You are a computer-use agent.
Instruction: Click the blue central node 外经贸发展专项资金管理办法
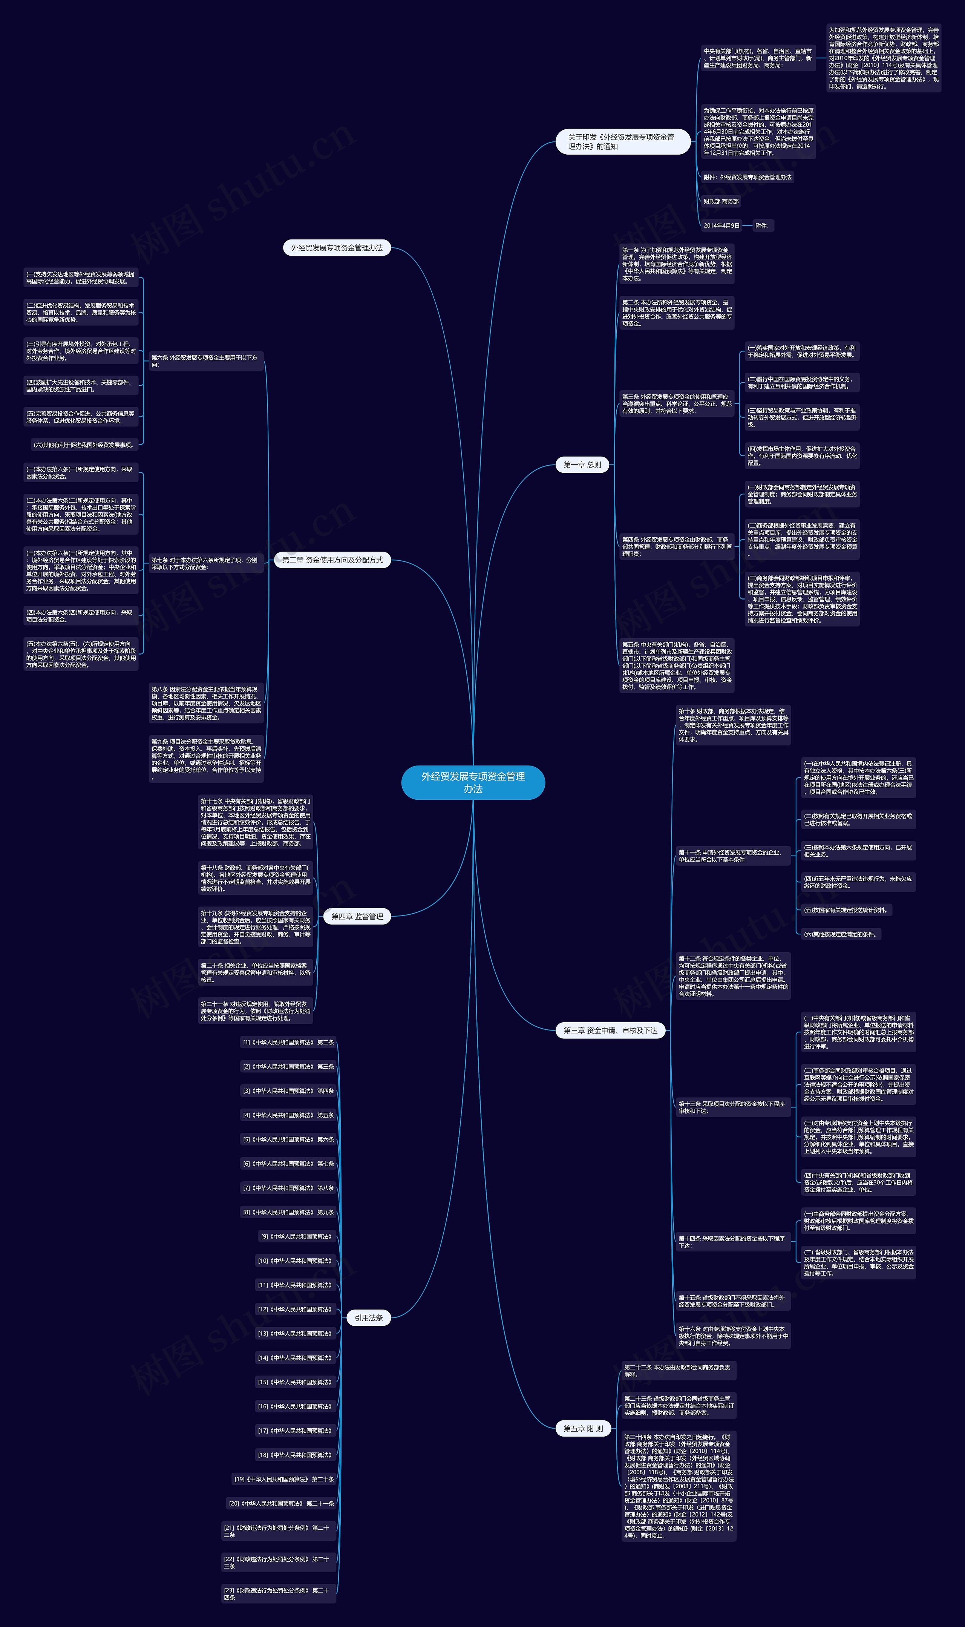[x=473, y=782]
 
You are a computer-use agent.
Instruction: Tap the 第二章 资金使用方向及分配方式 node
[x=332, y=560]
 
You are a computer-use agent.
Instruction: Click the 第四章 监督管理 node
[x=357, y=916]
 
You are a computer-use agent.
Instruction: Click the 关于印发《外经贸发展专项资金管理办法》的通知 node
[x=622, y=142]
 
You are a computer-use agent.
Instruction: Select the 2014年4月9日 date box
[x=721, y=225]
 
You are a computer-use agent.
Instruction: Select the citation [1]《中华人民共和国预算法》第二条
[x=288, y=1043]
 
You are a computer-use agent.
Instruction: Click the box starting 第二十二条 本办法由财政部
[x=678, y=1371]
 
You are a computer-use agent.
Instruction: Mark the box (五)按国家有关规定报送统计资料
[x=846, y=910]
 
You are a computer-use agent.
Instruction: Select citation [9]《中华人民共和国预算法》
[x=296, y=1237]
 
